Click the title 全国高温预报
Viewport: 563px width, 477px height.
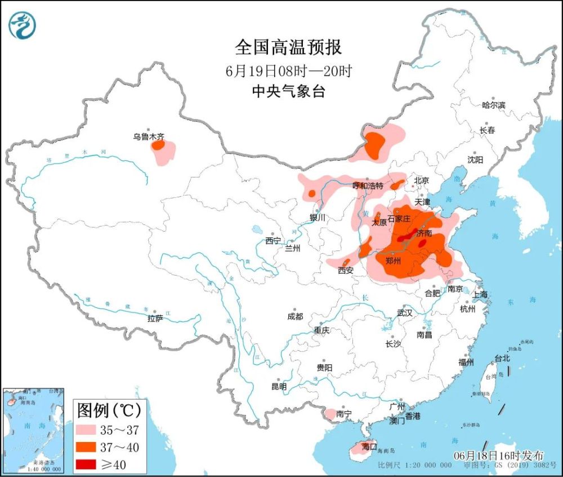click(x=288, y=47)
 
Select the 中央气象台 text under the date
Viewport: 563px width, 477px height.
click(x=288, y=91)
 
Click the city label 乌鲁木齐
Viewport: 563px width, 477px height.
click(x=149, y=136)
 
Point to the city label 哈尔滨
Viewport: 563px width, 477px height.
click(x=494, y=105)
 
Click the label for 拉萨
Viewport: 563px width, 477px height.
click(x=155, y=319)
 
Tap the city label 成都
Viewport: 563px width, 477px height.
click(x=294, y=316)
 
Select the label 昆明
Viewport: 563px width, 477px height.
click(x=279, y=387)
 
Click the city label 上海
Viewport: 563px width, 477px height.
click(x=481, y=295)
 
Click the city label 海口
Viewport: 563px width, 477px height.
click(x=369, y=446)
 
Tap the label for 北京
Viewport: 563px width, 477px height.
click(x=421, y=180)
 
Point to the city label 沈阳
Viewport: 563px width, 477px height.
click(x=475, y=160)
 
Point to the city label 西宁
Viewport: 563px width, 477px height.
click(x=273, y=241)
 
